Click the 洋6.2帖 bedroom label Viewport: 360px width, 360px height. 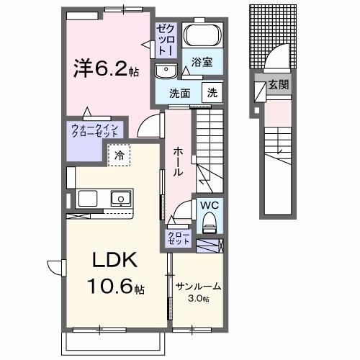coord(104,68)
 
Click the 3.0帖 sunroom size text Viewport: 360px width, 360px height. coord(198,298)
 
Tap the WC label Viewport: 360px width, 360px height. coord(209,205)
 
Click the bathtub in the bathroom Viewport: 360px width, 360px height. coord(199,36)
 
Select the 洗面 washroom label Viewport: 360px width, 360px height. coord(179,93)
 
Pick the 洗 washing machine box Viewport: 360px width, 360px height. coord(212,92)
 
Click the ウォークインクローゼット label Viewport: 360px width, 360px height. coord(94,131)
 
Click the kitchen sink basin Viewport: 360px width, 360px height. coord(120,198)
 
